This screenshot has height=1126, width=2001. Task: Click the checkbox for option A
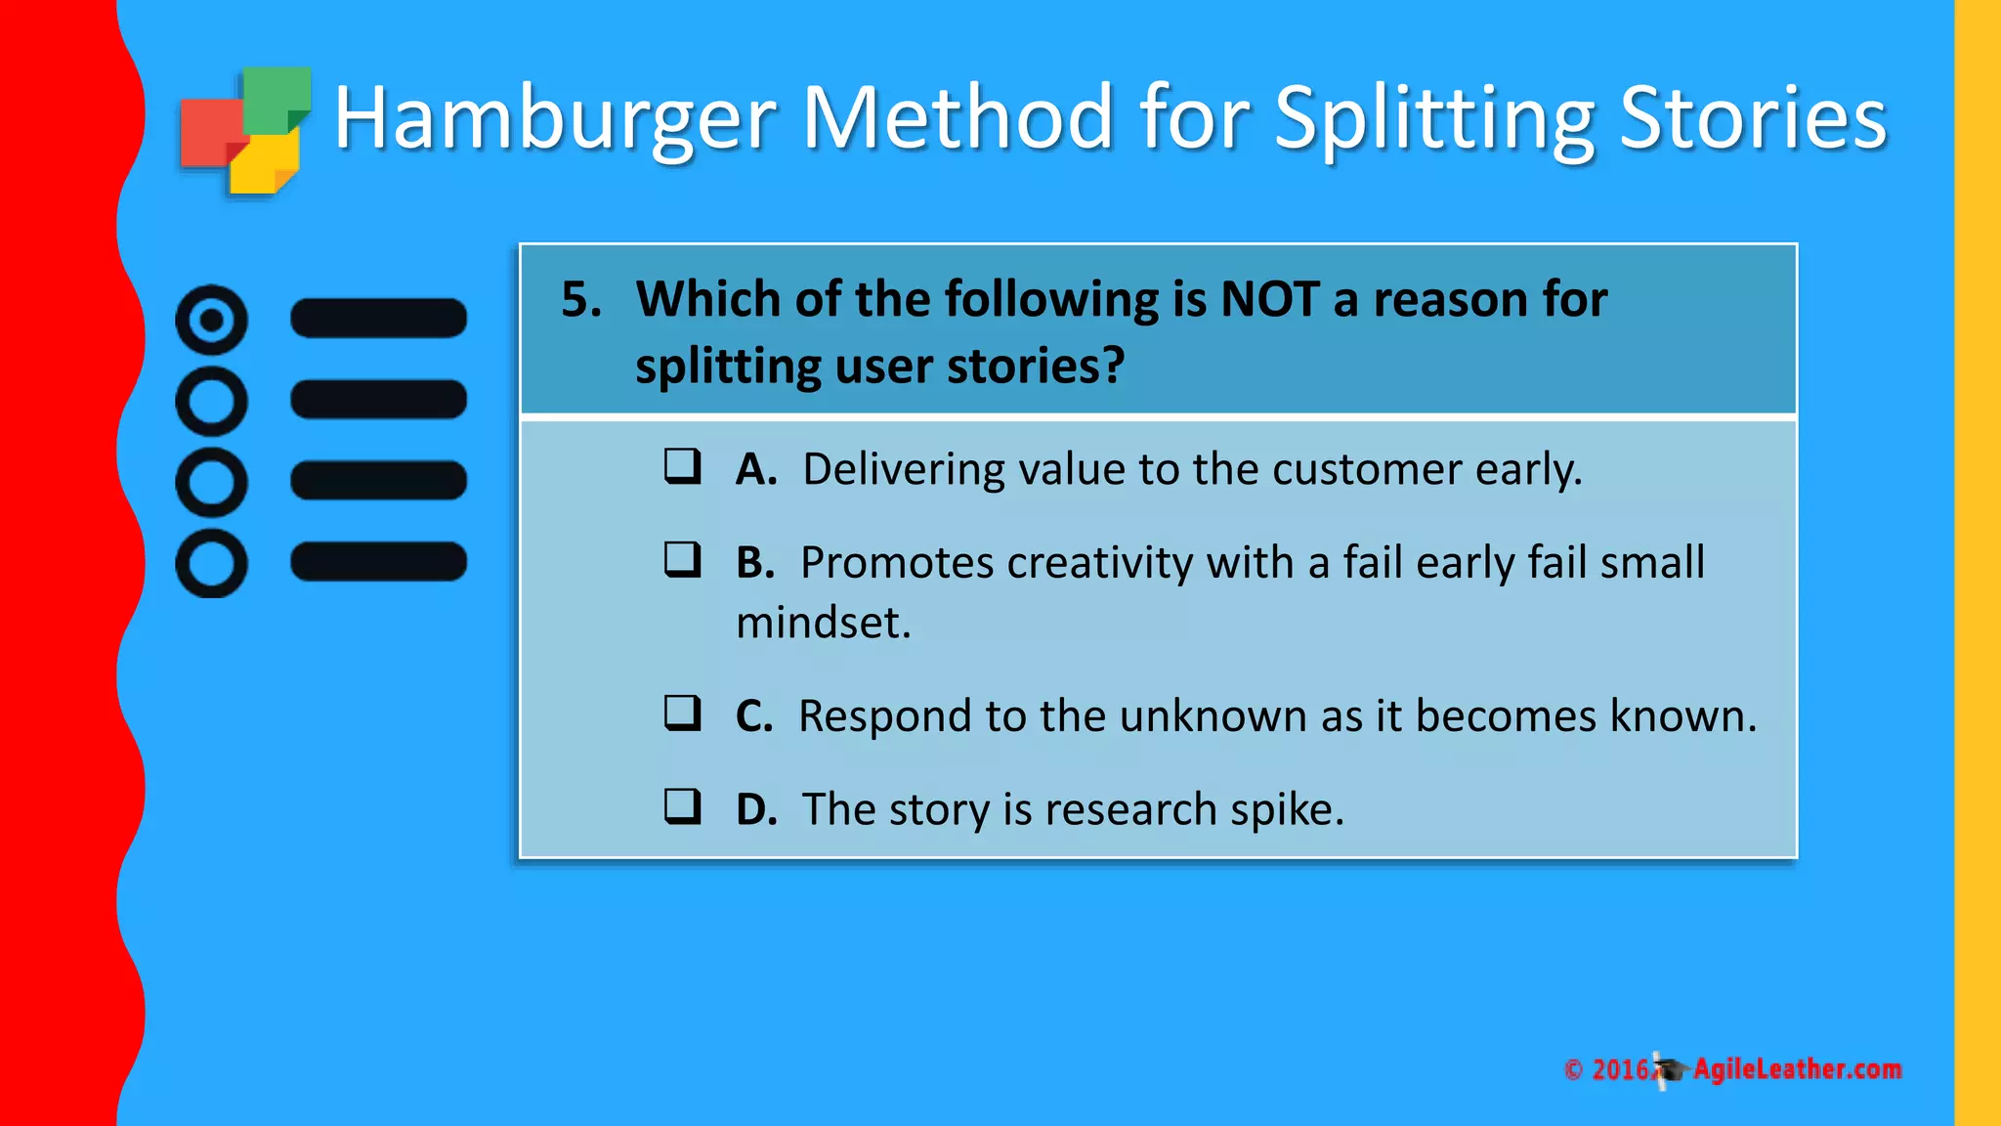click(682, 466)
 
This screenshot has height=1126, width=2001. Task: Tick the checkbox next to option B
click(682, 560)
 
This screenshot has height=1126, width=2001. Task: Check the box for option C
click(682, 714)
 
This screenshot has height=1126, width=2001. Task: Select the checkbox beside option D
click(682, 807)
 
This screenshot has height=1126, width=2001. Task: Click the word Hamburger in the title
click(554, 119)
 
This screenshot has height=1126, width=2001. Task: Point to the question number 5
click(580, 299)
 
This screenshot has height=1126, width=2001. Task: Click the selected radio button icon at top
click(211, 320)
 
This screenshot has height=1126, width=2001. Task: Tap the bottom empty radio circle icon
click(211, 563)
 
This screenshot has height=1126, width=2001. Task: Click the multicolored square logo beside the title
click(244, 131)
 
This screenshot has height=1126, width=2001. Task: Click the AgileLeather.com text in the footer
click(1797, 1069)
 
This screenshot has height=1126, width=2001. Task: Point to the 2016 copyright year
click(1620, 1070)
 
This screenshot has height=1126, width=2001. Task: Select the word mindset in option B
click(823, 623)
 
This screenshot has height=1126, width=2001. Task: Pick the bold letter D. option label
click(756, 809)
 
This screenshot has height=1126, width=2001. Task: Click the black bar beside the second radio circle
click(379, 400)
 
